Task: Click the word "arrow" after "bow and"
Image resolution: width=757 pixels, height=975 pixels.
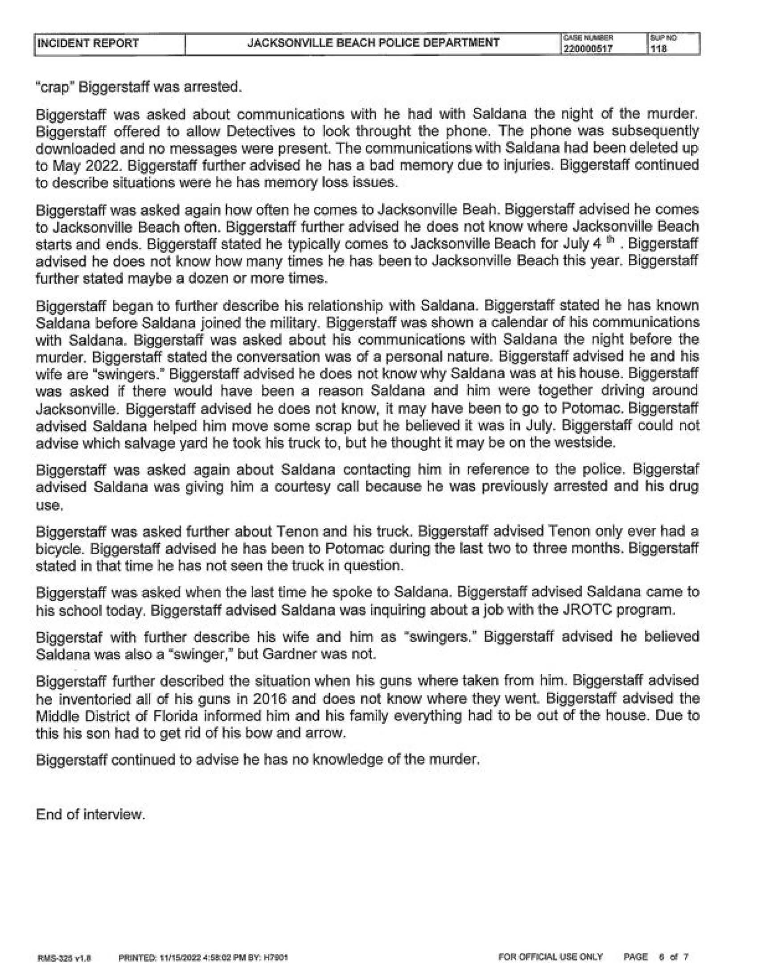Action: pyautogui.click(x=328, y=732)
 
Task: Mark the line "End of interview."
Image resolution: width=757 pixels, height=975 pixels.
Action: pyautogui.click(x=91, y=815)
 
